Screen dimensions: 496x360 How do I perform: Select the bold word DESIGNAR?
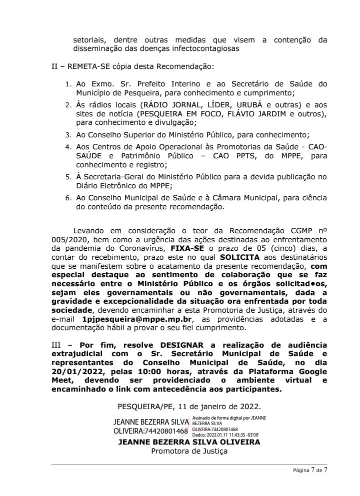coord(182,345)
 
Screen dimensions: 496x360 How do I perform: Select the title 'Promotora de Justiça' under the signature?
coord(189,451)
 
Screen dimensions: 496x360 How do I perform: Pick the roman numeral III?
coord(58,345)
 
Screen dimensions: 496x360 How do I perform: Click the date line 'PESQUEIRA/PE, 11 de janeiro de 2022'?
coord(189,407)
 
